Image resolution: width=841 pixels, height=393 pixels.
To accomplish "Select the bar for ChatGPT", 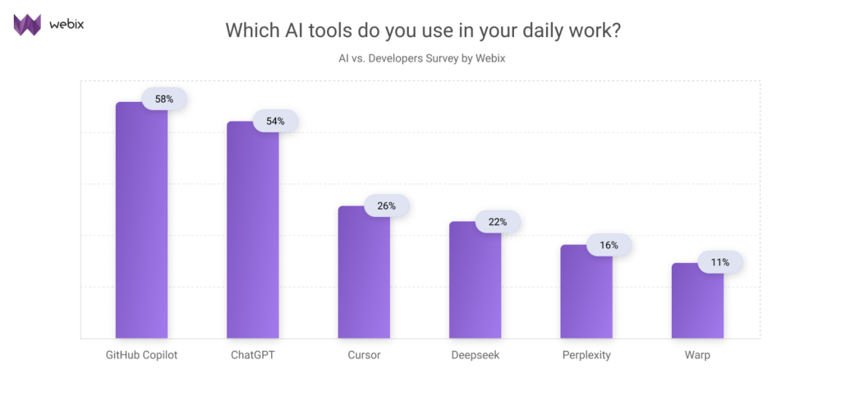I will pyautogui.click(x=252, y=230).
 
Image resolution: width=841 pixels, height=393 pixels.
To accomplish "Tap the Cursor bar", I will pyautogui.click(x=364, y=272).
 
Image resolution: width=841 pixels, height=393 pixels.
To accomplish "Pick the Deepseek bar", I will pyautogui.click(x=475, y=280).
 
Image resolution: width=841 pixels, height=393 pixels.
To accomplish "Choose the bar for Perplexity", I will pyautogui.click(x=586, y=292).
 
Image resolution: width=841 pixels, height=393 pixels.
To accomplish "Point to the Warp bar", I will pyautogui.click(x=697, y=301).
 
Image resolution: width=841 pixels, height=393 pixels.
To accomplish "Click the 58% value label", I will pyautogui.click(x=164, y=99).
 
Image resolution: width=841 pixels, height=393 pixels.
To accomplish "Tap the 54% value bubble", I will pyautogui.click(x=275, y=121).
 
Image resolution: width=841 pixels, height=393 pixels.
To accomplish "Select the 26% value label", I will pyautogui.click(x=387, y=206).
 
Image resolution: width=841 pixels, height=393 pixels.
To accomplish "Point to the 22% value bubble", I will pyautogui.click(x=498, y=222).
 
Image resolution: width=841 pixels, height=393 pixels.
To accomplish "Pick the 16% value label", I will pyautogui.click(x=609, y=245).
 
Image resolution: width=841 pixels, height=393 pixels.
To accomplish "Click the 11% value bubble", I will pyautogui.click(x=720, y=262).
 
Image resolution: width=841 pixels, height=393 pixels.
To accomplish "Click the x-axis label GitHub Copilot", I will pyautogui.click(x=141, y=355).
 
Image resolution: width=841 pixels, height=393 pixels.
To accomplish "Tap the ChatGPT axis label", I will pyautogui.click(x=253, y=355).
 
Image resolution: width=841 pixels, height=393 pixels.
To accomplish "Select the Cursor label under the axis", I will pyautogui.click(x=364, y=355).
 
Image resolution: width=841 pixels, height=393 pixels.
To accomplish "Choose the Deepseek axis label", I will pyautogui.click(x=475, y=355).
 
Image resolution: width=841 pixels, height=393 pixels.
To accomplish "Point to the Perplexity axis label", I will pyautogui.click(x=586, y=355).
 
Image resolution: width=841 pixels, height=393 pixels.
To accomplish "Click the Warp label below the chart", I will pyautogui.click(x=697, y=355).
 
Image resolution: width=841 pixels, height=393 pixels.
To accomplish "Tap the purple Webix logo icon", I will pyautogui.click(x=27, y=25).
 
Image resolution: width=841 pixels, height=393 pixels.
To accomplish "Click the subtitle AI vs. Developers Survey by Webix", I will pyautogui.click(x=420, y=59).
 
